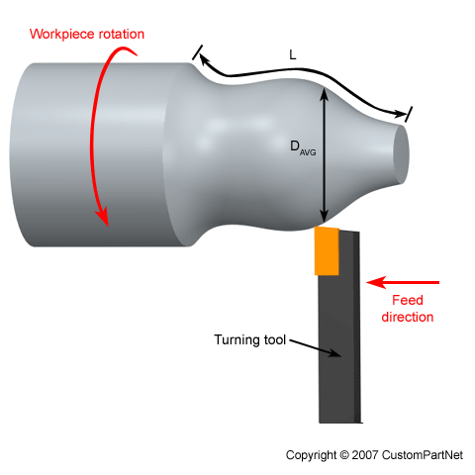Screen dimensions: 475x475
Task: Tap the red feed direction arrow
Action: pyautogui.click(x=402, y=282)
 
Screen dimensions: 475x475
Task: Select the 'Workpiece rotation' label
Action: pyautogui.click(x=87, y=34)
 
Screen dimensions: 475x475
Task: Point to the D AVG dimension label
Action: pyautogui.click(x=302, y=147)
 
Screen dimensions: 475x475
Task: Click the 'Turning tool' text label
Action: pyautogui.click(x=250, y=339)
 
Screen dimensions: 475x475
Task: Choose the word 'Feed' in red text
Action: pyautogui.click(x=408, y=301)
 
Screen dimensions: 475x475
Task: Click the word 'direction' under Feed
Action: pyautogui.click(x=408, y=317)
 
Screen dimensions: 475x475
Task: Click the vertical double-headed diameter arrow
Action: pyautogui.click(x=323, y=158)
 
